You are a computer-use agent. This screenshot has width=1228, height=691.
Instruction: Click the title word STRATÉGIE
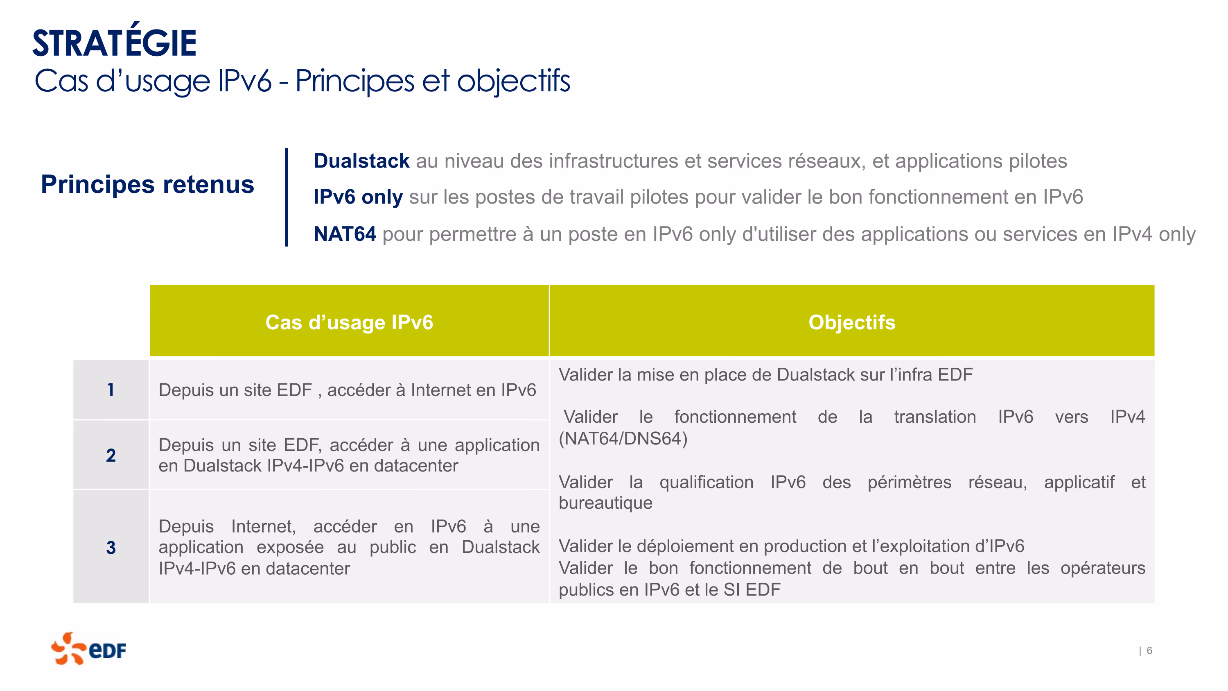pyautogui.click(x=115, y=40)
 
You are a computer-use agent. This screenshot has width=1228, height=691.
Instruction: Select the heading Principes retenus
pyautogui.click(x=147, y=185)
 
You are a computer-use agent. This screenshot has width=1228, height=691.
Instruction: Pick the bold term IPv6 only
pyautogui.click(x=358, y=197)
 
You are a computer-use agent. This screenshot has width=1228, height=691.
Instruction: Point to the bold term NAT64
pyautogui.click(x=345, y=234)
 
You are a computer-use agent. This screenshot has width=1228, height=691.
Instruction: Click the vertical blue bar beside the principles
pyautogui.click(x=287, y=197)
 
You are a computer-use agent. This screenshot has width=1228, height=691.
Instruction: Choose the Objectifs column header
pyautogui.click(x=852, y=322)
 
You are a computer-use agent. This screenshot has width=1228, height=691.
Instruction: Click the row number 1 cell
pyautogui.click(x=111, y=390)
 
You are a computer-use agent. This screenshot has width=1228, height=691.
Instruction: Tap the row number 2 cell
pyautogui.click(x=111, y=455)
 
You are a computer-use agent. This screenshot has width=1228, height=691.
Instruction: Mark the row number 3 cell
pyautogui.click(x=111, y=547)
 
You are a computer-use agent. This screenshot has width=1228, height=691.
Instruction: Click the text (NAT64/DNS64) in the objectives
pyautogui.click(x=623, y=439)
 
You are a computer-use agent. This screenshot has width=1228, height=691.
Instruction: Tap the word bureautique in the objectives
pyautogui.click(x=605, y=503)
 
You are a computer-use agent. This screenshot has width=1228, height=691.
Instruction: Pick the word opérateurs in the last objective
pyautogui.click(x=1103, y=569)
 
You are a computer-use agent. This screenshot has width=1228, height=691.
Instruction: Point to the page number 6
pyautogui.click(x=1149, y=651)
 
